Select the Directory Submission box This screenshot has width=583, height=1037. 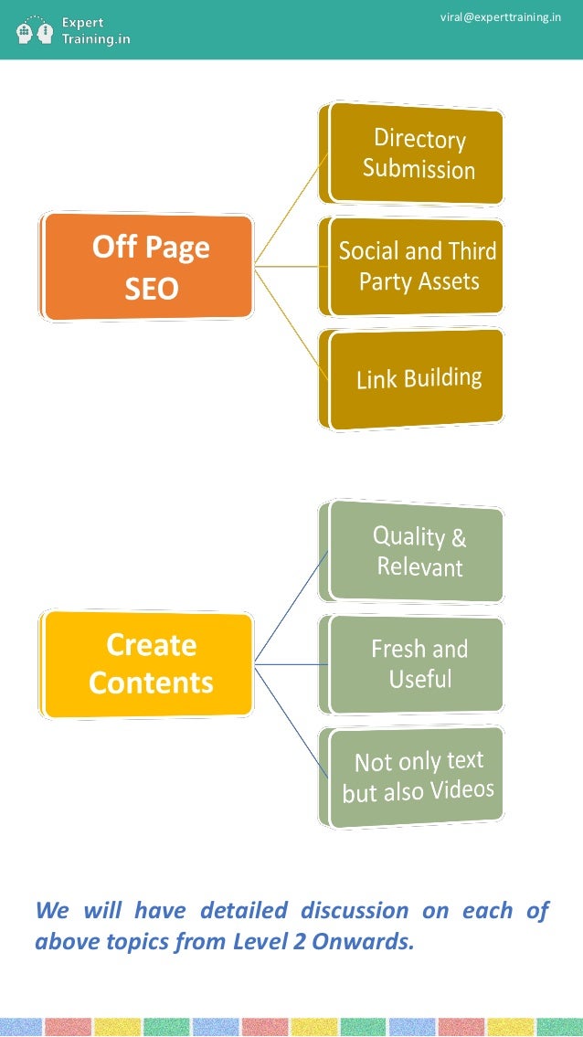417,153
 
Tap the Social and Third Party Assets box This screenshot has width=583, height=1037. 417,266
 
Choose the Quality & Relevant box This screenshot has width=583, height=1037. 417,551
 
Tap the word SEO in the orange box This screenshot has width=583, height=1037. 151,290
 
